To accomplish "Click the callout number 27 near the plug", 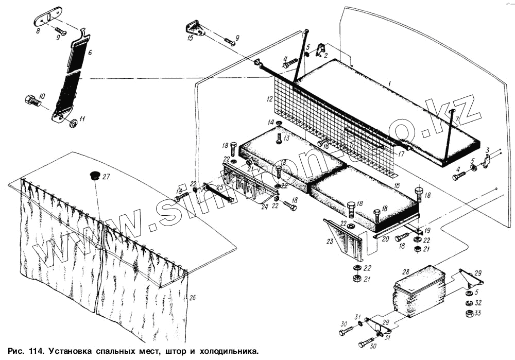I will click(x=106, y=177).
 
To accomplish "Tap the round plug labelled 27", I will click(x=94, y=175).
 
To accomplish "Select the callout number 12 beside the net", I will click(x=268, y=98).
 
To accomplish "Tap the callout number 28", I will click(x=405, y=271).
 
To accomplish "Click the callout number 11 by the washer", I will click(x=82, y=121).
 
